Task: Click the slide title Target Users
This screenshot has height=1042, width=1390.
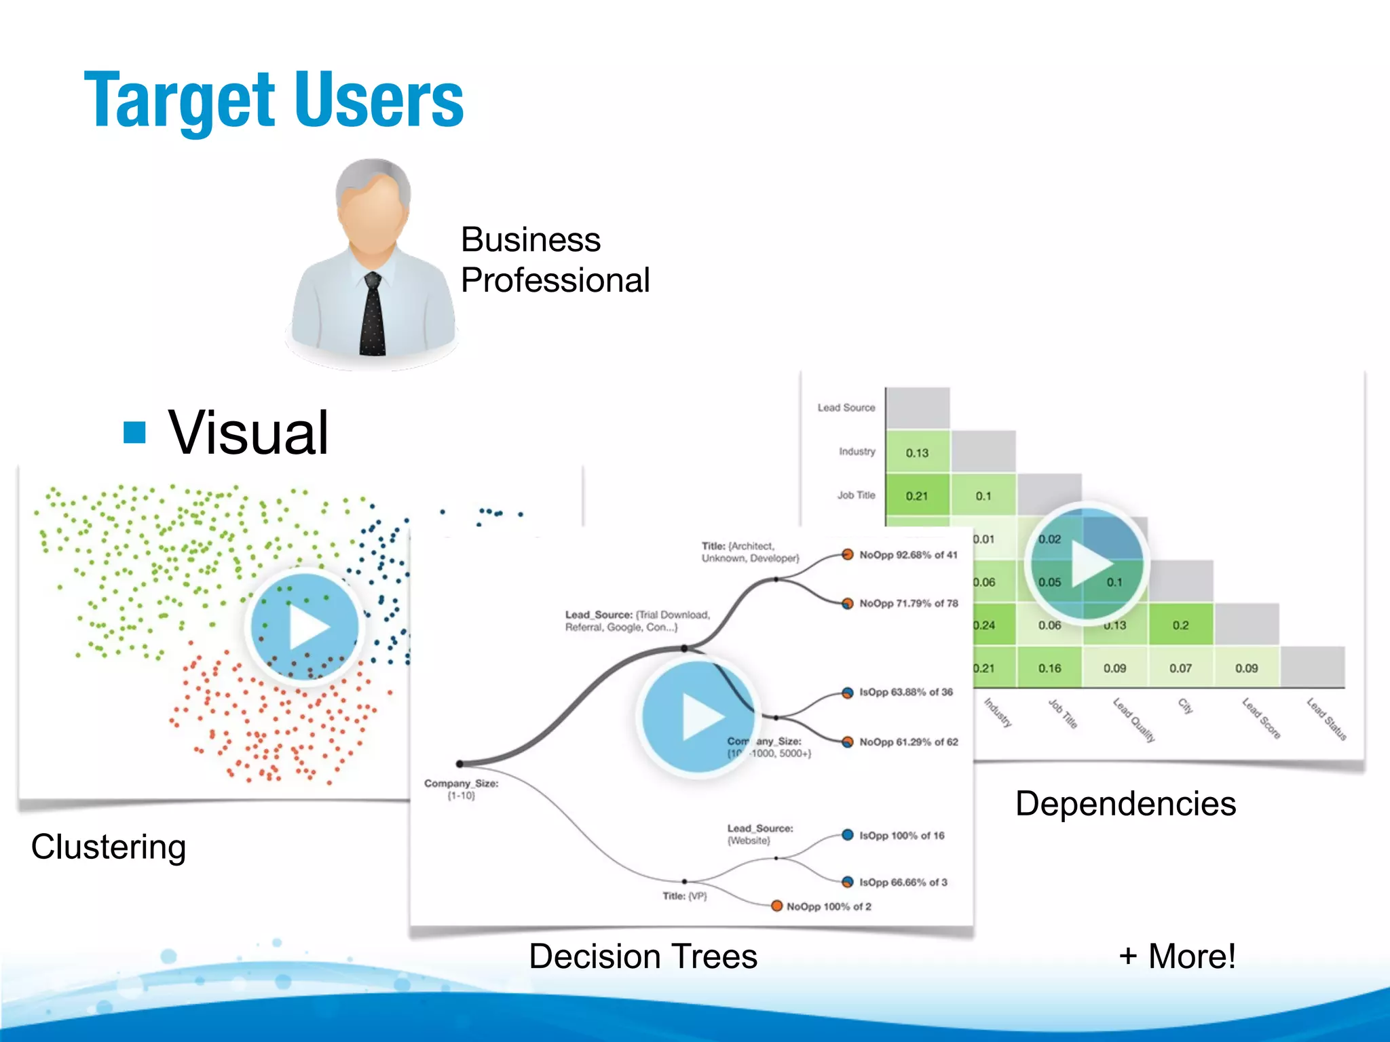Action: (x=274, y=100)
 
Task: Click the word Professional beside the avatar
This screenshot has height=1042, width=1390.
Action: (x=555, y=280)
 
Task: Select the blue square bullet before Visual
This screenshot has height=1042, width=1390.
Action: (x=135, y=432)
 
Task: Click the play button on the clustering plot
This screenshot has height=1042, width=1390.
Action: (x=304, y=626)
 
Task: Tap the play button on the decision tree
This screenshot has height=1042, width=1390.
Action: (x=698, y=716)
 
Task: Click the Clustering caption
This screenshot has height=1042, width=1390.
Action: (x=109, y=847)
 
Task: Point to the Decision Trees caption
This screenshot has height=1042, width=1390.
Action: (x=643, y=956)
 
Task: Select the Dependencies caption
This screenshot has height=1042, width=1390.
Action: (x=1125, y=803)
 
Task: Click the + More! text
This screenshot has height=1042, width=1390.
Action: (x=1177, y=956)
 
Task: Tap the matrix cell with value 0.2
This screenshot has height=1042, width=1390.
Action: (x=1180, y=625)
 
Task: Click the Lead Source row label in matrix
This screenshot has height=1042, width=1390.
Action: (x=846, y=408)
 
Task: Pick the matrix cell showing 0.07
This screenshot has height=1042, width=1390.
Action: (x=1180, y=668)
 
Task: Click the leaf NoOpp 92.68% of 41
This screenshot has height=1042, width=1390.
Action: (x=907, y=555)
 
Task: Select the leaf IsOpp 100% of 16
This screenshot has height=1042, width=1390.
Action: (x=901, y=836)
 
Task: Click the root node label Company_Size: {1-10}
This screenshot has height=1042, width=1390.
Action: (x=462, y=789)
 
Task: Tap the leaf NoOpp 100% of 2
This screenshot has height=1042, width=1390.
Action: (x=828, y=906)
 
